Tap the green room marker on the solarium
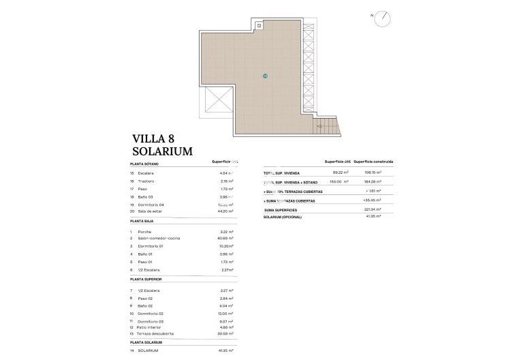coord(265,76)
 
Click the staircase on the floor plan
coord(328,126)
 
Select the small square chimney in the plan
coord(259,25)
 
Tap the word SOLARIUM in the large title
coord(162,151)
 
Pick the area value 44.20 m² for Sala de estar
coord(222,212)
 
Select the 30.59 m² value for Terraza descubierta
coord(222,333)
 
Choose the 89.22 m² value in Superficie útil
coord(339,173)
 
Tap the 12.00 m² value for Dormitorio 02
coord(223,312)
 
